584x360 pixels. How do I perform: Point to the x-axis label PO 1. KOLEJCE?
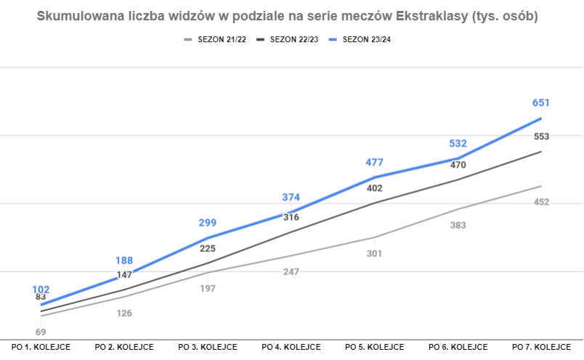tap(41, 347)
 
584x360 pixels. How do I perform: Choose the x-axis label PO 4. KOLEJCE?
tap(291, 347)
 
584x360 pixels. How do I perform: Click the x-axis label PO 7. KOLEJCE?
tap(541, 347)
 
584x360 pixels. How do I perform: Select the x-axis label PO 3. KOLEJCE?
tap(208, 347)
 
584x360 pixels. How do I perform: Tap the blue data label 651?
tap(541, 103)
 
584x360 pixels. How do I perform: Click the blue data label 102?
tap(41, 289)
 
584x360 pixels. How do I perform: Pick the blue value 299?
tap(208, 223)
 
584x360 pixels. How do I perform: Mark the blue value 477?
tap(374, 163)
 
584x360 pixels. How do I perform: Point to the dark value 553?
tap(541, 136)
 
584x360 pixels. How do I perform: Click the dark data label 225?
tap(208, 248)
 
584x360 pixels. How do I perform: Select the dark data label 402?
tap(374, 188)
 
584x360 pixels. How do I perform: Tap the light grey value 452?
tap(541, 202)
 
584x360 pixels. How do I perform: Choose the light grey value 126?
tap(125, 313)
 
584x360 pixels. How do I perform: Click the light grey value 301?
tap(374, 253)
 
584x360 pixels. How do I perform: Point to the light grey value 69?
tap(41, 332)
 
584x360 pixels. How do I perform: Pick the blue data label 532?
tap(458, 144)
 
